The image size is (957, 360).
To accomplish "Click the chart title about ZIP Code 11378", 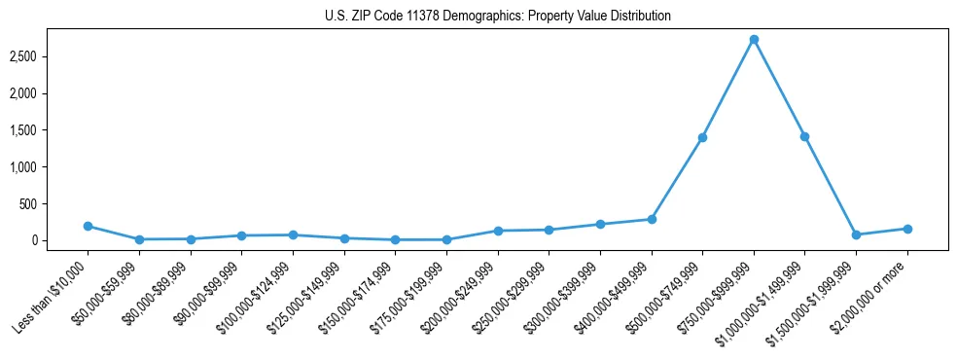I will point(498,17).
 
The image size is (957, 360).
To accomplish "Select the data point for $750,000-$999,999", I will point(754,40).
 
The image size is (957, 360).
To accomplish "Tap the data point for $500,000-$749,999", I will point(702,137).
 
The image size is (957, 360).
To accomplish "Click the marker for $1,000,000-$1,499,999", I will point(804,136).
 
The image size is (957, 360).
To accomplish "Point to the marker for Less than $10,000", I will point(89,226).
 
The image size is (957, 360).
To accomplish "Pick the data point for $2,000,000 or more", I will point(907,229).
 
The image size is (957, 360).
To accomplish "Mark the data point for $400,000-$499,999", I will point(652,219).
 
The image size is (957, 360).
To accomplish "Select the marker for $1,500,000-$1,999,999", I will point(856,234).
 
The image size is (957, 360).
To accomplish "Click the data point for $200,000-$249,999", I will point(498,231).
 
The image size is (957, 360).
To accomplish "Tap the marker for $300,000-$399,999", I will point(600,224).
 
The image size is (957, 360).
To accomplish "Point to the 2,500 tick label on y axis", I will point(50,56).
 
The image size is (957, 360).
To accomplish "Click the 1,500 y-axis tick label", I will point(50,130).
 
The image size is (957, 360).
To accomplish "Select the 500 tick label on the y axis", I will point(56,204).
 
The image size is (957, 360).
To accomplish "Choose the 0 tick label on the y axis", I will point(61,240).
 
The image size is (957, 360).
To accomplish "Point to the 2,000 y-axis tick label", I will point(50,93).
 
